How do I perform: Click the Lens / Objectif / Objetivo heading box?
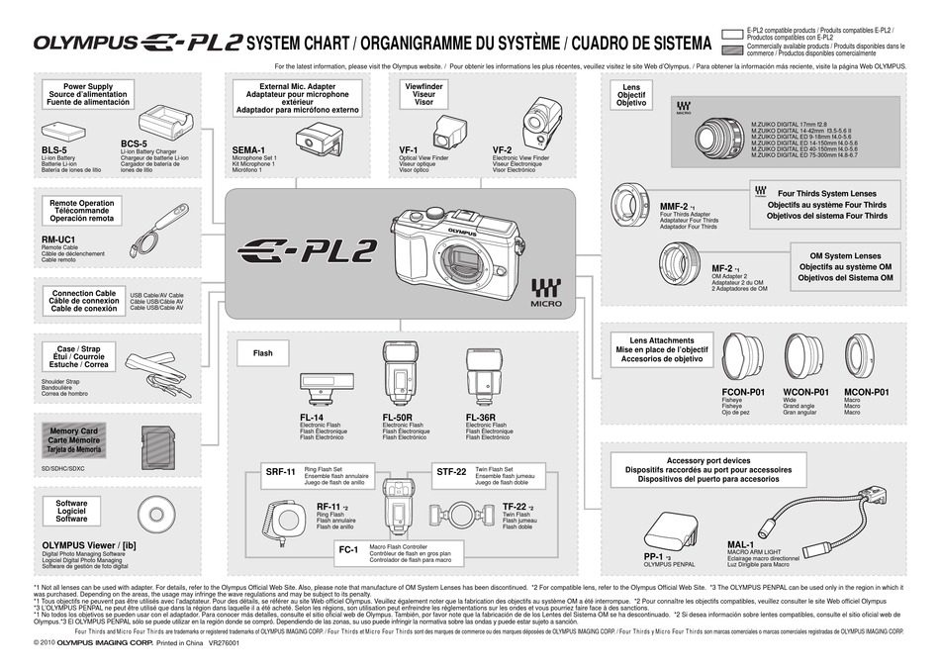coord(630,95)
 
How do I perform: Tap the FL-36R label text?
coord(482,418)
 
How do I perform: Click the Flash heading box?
coord(263,352)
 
